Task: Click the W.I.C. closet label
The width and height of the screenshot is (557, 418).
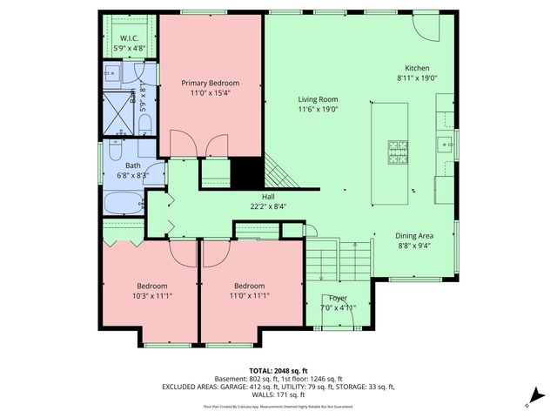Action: [128, 38]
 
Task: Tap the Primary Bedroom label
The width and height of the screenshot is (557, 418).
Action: [210, 84]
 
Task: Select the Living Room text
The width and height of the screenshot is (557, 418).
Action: [318, 100]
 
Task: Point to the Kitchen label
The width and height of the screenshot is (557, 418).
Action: [417, 69]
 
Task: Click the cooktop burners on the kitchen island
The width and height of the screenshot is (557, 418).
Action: [398, 148]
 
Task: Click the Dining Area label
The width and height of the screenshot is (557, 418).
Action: [413, 236]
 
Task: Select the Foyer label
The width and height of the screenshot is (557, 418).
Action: [337, 298]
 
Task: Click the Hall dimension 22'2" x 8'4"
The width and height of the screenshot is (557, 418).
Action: [268, 206]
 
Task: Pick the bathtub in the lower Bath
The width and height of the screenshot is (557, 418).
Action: [123, 206]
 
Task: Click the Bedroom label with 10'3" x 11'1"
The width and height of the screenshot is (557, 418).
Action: [151, 286]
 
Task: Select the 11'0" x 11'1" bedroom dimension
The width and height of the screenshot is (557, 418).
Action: [249, 295]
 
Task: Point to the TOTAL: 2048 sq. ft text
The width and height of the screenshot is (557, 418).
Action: [278, 371]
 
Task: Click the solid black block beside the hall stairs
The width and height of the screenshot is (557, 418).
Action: [246, 171]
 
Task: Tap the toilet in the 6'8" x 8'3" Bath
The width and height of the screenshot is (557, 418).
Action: [115, 153]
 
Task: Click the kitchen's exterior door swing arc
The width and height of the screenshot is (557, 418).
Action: [426, 30]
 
